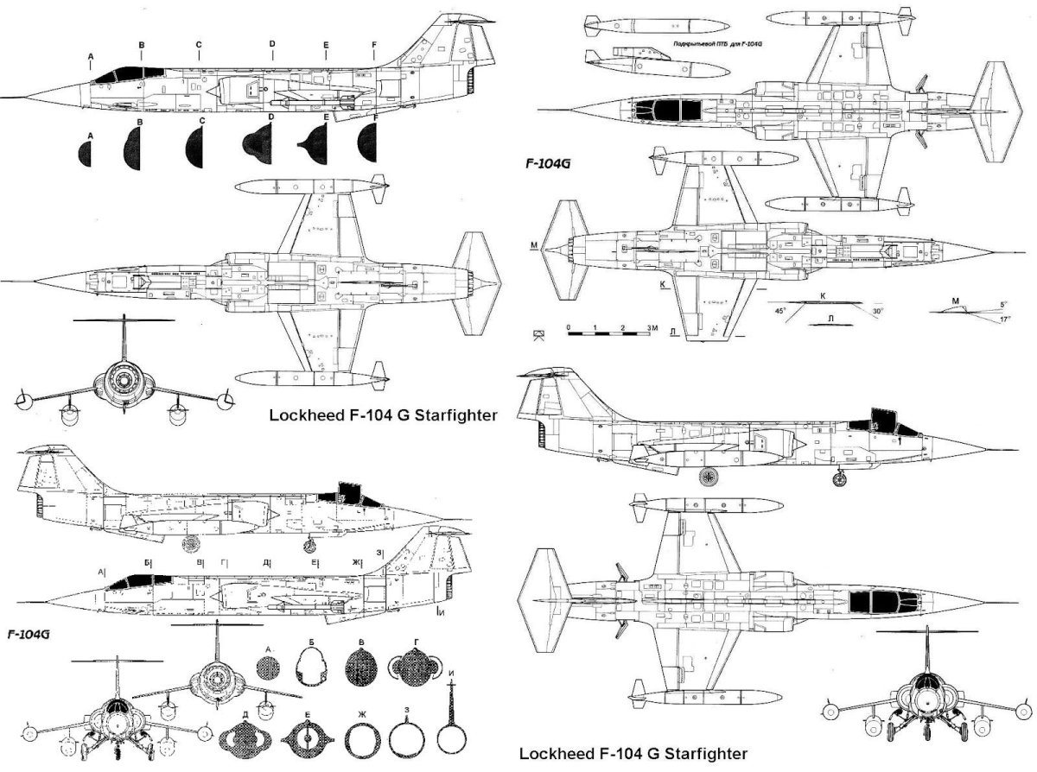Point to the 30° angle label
(x=878, y=310)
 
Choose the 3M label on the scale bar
(x=652, y=329)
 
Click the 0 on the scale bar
(x=569, y=329)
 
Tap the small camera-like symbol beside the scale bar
(x=540, y=335)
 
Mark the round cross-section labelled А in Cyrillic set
(x=270, y=668)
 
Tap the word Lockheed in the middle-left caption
(x=302, y=414)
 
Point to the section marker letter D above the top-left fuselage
(x=271, y=43)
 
